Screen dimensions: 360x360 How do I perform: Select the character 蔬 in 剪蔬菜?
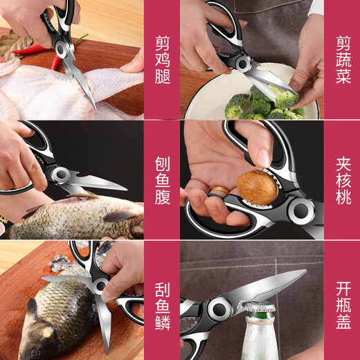click(x=343, y=58)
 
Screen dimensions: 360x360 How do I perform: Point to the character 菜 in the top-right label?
click(x=343, y=77)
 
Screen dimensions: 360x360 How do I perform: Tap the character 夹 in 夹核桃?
click(x=343, y=160)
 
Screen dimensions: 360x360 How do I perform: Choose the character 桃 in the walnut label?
click(x=343, y=197)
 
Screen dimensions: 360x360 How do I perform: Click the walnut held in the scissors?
click(x=258, y=186)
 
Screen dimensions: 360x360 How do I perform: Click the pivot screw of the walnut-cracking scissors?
click(x=300, y=210)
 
